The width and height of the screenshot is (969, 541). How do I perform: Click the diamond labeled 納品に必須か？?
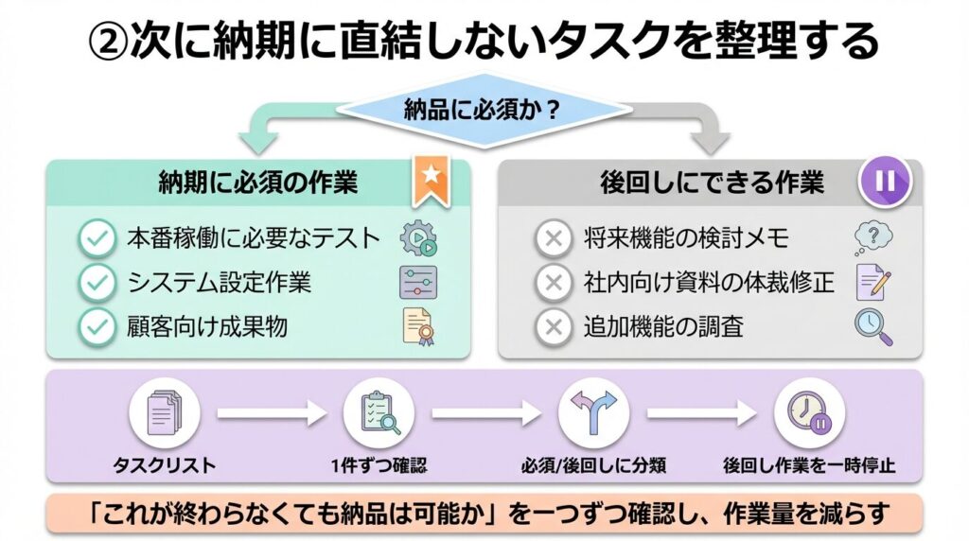coord(483,112)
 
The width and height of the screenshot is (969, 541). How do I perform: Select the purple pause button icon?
coord(885,181)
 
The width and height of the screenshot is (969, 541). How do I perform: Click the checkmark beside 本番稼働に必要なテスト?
coord(96,239)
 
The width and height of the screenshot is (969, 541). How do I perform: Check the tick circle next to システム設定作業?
coord(96,283)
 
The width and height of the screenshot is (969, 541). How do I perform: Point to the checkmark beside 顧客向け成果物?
coord(96,327)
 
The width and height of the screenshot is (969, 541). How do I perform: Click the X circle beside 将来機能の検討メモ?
coord(553,239)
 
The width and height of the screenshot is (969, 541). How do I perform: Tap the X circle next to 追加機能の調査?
coord(553,327)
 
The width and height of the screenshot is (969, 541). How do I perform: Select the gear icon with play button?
coord(418,239)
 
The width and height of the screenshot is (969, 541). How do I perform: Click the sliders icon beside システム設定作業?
coord(418,282)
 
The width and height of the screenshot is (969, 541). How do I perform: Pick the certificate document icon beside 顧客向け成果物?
coord(418,325)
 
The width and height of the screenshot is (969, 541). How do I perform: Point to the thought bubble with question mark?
coord(873,236)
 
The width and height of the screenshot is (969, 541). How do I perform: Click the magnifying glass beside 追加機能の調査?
coord(873,326)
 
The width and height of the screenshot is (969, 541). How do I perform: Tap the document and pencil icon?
coord(873,282)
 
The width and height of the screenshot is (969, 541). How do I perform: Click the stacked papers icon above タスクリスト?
coord(165,413)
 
